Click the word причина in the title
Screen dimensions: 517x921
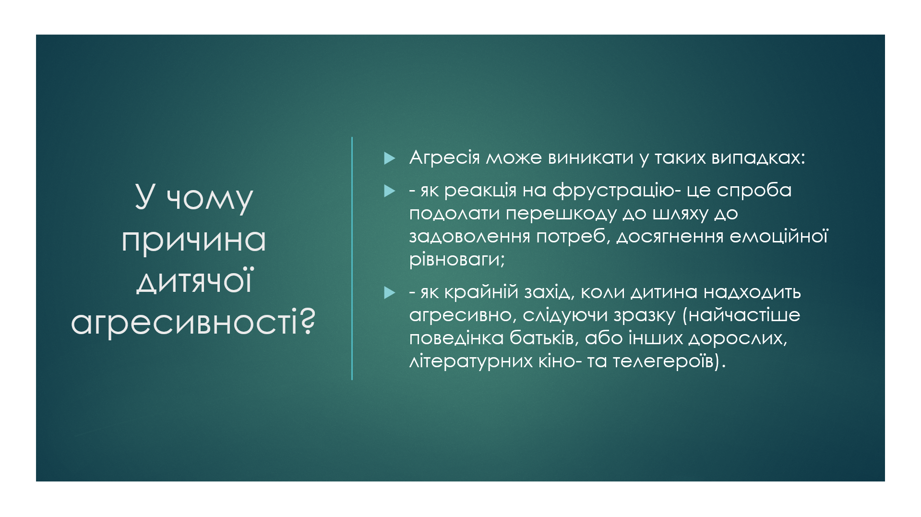193,240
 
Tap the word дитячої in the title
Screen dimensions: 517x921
193,281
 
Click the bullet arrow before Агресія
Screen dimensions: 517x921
390,158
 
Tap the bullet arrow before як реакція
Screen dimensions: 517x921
390,192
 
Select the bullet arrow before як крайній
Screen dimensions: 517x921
390,293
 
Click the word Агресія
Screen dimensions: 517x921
444,157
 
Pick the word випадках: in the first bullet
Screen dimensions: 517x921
758,157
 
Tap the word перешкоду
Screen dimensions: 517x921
561,214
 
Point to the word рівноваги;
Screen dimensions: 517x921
457,260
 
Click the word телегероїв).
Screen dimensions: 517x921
669,361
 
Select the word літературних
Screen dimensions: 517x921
471,361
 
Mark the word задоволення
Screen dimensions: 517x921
469,237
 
